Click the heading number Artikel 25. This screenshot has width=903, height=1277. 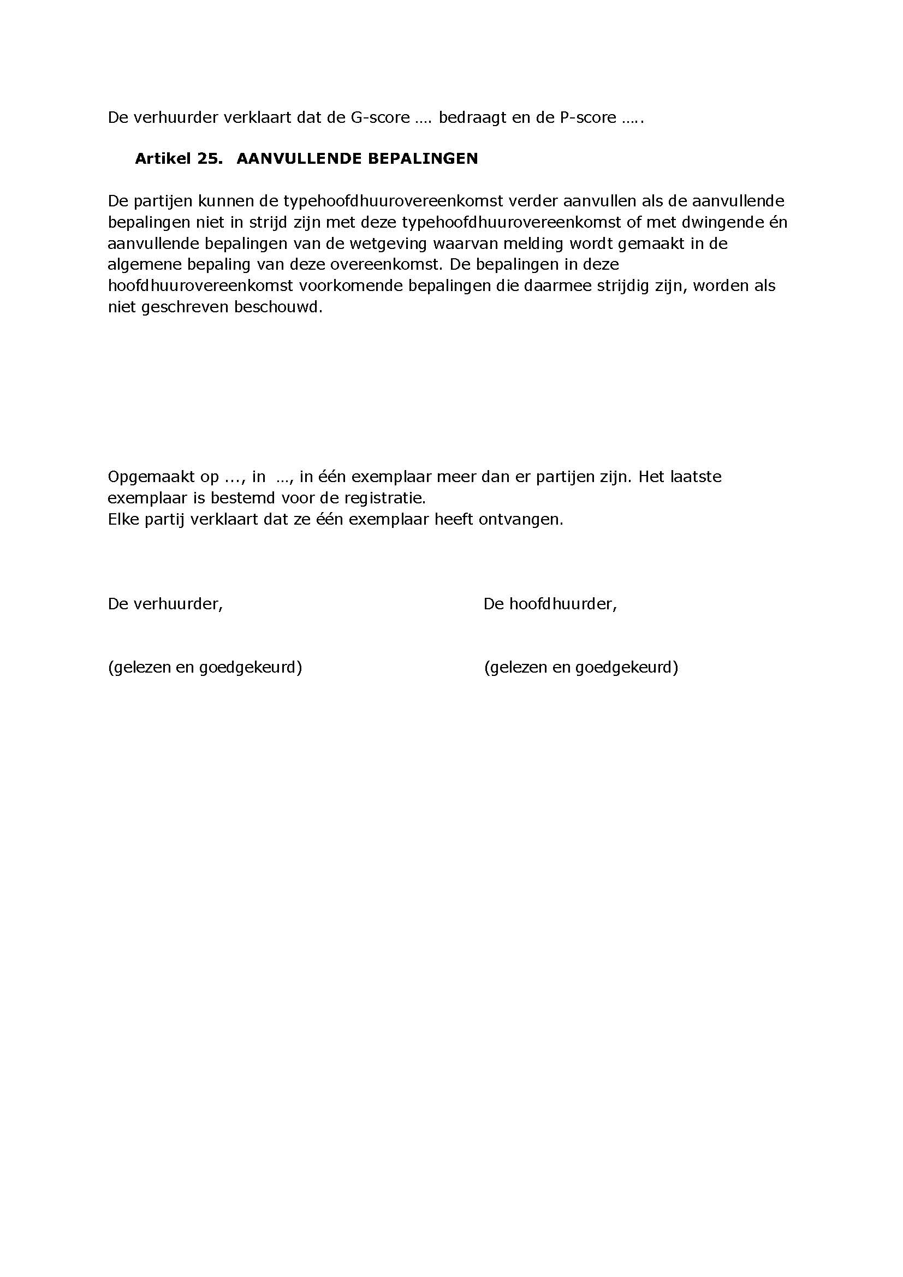point(179,159)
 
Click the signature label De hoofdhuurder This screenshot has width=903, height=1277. point(550,604)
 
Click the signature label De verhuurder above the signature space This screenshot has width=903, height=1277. point(165,604)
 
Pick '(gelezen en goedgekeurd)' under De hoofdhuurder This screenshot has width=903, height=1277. point(581,667)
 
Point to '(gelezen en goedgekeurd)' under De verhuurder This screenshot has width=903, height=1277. point(205,667)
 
